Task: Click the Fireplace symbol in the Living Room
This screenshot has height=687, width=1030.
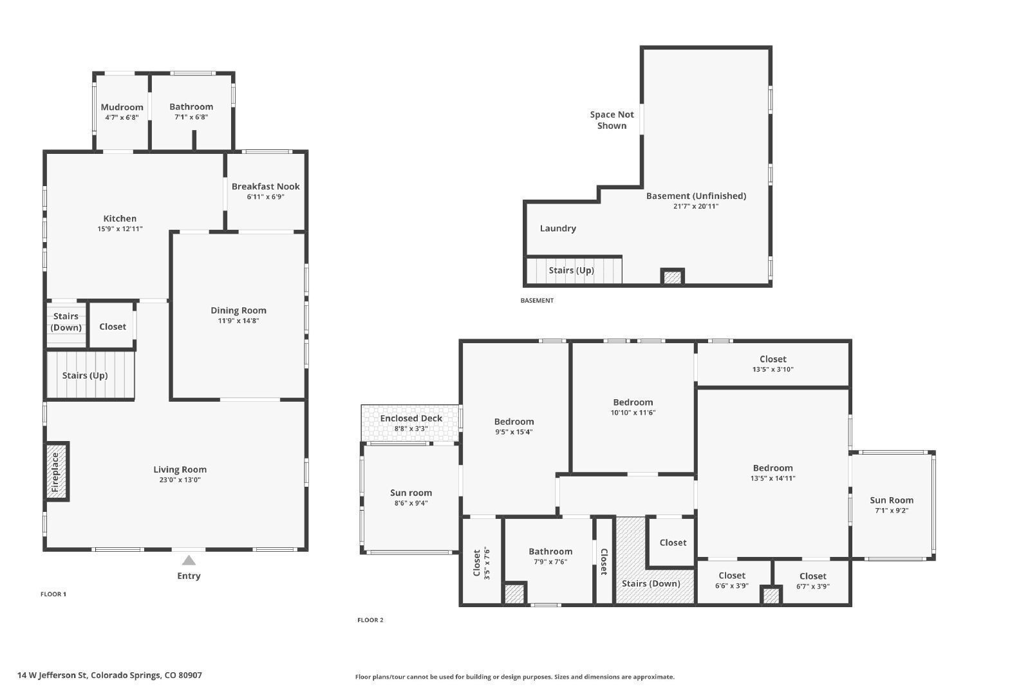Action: pyautogui.click(x=56, y=472)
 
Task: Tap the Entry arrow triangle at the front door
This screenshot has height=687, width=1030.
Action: pyautogui.click(x=189, y=560)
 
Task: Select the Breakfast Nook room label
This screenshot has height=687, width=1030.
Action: pyautogui.click(x=265, y=187)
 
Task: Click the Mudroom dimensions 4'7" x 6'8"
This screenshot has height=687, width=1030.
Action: pyautogui.click(x=122, y=117)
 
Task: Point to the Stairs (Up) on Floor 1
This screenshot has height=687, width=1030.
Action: pyautogui.click(x=85, y=375)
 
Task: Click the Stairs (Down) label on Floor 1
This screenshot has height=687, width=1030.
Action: pyautogui.click(x=66, y=322)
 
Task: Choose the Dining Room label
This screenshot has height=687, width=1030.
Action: pyautogui.click(x=238, y=310)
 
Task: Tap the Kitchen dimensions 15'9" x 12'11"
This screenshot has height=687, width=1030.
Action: pyautogui.click(x=120, y=229)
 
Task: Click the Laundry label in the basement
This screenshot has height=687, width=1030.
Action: pyautogui.click(x=557, y=229)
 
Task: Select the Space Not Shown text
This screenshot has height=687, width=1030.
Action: pyautogui.click(x=612, y=120)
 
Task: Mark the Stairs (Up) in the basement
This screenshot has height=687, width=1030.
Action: pyautogui.click(x=571, y=270)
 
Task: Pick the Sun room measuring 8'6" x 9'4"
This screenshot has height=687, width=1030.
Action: pyautogui.click(x=411, y=498)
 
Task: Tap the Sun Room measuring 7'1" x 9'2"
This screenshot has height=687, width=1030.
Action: pyautogui.click(x=891, y=505)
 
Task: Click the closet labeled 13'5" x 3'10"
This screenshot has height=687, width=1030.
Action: pyautogui.click(x=772, y=364)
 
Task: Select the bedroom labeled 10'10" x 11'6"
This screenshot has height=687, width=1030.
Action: pyautogui.click(x=633, y=407)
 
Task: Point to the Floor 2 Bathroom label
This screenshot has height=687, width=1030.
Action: pyautogui.click(x=550, y=552)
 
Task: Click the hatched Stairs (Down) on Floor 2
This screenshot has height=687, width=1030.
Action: pyautogui.click(x=651, y=583)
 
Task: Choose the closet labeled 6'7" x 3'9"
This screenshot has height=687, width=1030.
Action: pyautogui.click(x=812, y=581)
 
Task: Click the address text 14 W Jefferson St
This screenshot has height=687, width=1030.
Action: pyautogui.click(x=109, y=675)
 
